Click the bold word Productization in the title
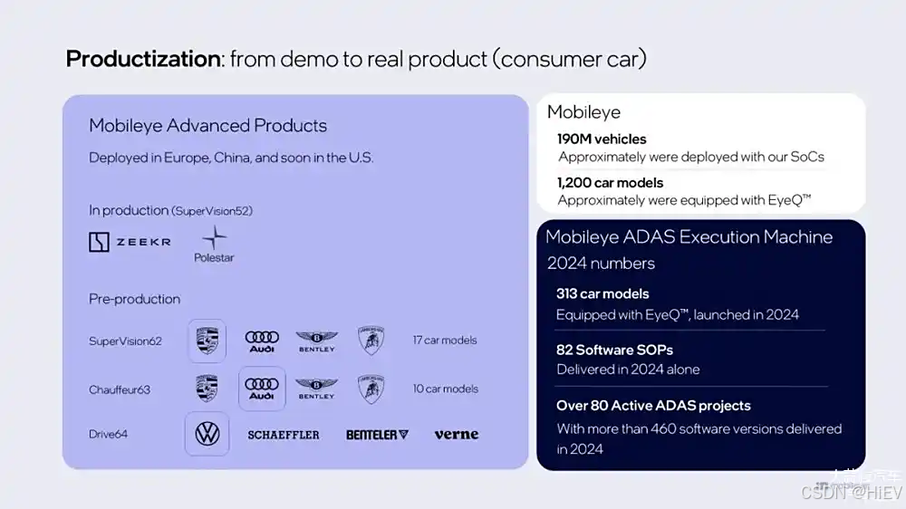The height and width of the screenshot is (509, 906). coord(143,60)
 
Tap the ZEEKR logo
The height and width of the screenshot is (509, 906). coord(130,242)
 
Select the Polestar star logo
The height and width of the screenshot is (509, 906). coord(214,239)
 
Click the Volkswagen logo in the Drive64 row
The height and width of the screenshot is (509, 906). coord(207,434)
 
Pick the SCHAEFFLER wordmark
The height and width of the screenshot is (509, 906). coord(284,435)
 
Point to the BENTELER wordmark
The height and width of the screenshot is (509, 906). coord(377,435)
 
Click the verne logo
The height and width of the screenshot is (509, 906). coord(456,434)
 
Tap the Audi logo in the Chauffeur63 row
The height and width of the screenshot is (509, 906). coord(262,389)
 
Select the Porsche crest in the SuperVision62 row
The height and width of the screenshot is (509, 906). coord(207,341)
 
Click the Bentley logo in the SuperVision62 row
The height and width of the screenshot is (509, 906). coord(316,341)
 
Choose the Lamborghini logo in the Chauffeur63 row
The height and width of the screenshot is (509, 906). coord(370,389)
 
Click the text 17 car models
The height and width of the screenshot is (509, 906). coord(445,341)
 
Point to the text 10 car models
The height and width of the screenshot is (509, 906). coord(445,389)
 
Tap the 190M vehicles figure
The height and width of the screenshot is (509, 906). coord(602,139)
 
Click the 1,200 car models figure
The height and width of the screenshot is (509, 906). coord(611,182)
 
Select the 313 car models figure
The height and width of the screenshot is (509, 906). coord(602,293)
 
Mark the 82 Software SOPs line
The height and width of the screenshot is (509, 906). coord(614,350)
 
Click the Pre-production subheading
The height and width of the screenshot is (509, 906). coord(134,299)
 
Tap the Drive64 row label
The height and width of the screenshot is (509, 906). coord(108,435)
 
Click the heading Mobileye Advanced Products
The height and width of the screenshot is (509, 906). coord(207,126)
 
